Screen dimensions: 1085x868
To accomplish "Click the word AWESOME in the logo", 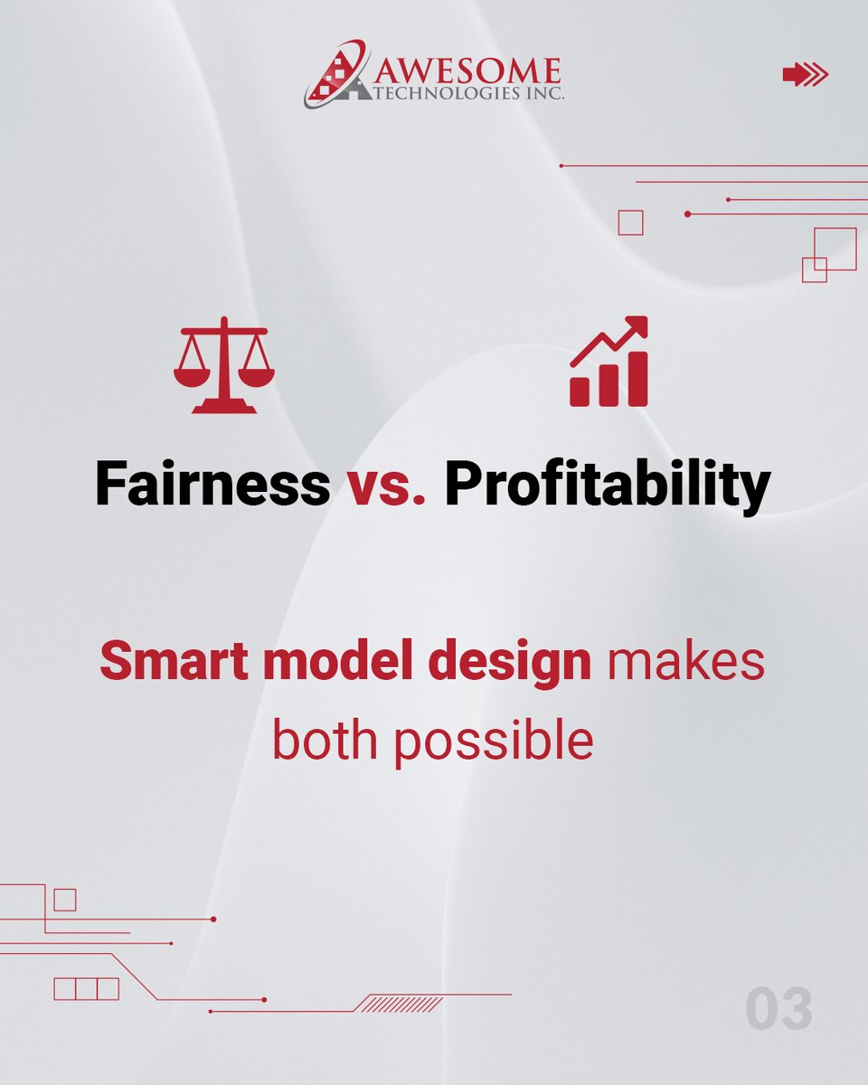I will click(460, 70).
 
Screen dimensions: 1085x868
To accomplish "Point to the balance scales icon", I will click(224, 365).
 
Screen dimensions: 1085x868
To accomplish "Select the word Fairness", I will click(212, 485).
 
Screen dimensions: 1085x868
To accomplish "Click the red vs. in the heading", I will click(386, 486).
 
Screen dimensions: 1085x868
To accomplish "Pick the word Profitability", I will click(607, 486).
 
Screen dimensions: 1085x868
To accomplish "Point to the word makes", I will click(685, 662).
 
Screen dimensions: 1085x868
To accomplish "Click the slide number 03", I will click(778, 1010).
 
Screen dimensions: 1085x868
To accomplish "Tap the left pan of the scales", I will click(192, 373).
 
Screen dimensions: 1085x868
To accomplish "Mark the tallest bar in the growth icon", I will click(637, 379).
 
